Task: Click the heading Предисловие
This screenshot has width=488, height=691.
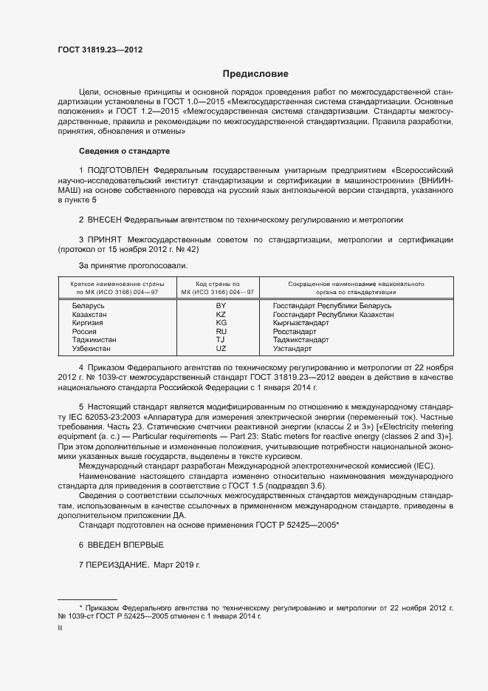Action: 256,74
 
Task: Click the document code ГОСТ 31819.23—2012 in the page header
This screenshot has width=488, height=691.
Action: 100,50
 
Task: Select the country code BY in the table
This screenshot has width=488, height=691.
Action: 221,305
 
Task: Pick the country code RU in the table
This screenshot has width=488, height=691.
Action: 221,332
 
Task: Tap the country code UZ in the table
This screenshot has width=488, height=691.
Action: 221,348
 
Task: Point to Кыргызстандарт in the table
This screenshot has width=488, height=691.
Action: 300,323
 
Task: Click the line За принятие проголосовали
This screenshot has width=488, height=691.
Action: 134,265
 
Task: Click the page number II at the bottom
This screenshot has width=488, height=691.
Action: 60,628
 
